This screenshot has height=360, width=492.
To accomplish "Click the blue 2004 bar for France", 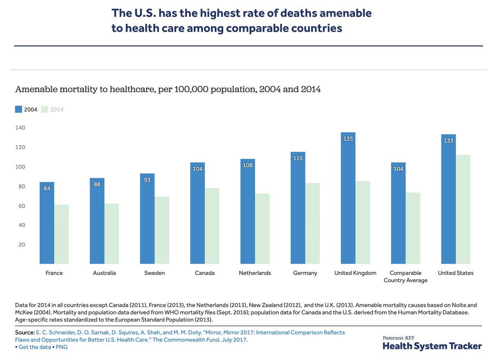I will [47, 223].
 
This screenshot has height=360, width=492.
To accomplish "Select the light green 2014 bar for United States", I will [463, 209].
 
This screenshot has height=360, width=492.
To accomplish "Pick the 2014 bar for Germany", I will [312, 223].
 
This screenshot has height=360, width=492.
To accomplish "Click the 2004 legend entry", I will [26, 109].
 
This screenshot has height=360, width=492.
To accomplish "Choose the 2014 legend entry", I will [53, 109].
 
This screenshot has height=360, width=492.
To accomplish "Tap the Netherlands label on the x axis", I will [255, 273].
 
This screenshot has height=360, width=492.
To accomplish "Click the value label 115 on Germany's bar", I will [298, 158].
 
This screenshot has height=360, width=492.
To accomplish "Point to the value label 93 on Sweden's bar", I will [147, 180].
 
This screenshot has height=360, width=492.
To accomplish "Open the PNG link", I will [62, 347].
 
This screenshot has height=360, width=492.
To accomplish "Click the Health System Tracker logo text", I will [432, 346].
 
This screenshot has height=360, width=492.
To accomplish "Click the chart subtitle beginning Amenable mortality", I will [168, 89].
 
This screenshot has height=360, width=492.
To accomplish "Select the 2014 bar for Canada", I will [212, 226].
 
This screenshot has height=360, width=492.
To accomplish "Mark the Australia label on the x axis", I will [104, 273].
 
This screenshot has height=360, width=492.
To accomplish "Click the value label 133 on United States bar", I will [448, 141].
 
